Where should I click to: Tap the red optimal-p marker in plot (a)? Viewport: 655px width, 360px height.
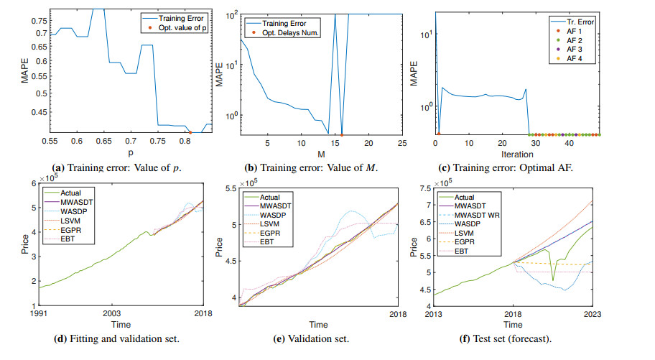pos(190,132)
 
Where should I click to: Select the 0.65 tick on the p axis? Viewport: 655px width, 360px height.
pos(104,142)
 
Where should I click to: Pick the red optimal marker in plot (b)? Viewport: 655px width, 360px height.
pos(342,134)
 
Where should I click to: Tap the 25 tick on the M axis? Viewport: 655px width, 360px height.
pos(402,142)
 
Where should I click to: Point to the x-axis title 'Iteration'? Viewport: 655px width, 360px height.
pos(517,154)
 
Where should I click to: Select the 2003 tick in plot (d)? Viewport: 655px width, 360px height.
pos(111,314)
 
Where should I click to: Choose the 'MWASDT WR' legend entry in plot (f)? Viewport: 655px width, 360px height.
pos(485,214)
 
